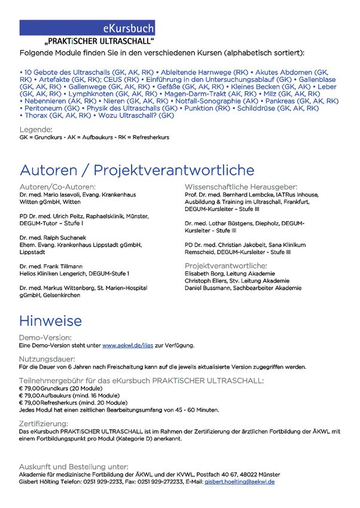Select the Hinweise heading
[51, 320]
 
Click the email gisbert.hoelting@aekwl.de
[240, 481]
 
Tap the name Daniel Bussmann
[209, 288]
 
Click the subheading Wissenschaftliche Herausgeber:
[241, 187]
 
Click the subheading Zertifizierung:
[48, 423]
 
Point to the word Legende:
[36, 130]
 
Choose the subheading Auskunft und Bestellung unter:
[74, 467]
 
